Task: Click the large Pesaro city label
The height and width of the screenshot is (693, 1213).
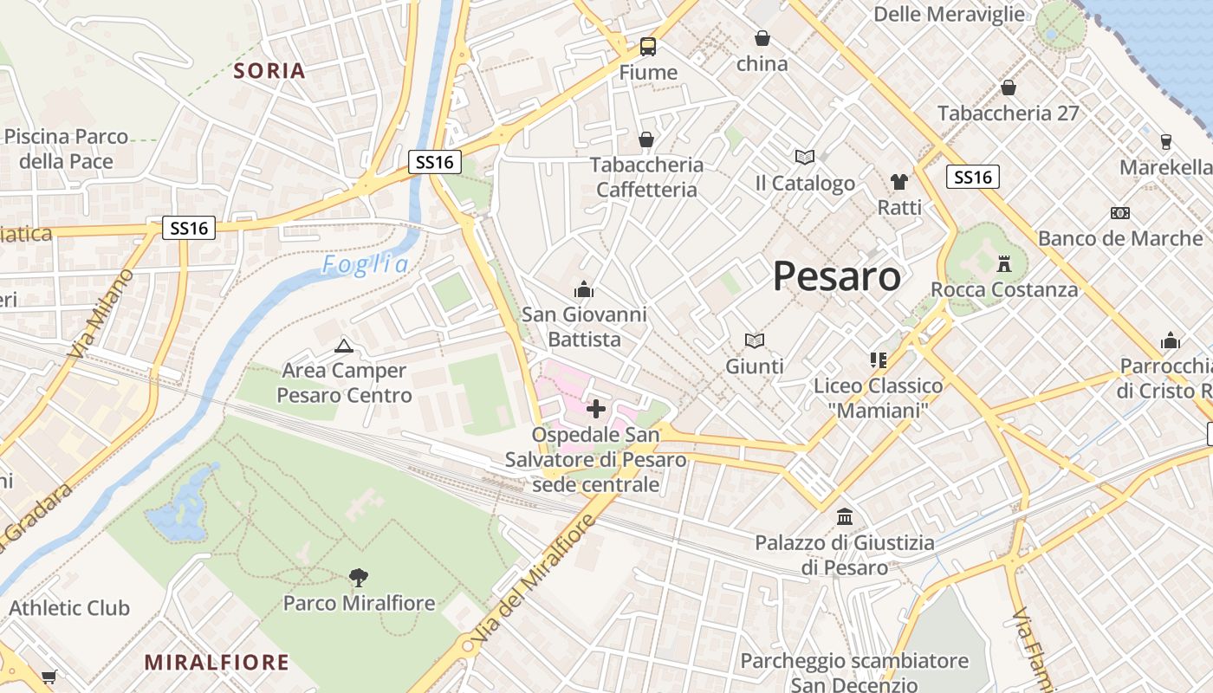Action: pyautogui.click(x=836, y=276)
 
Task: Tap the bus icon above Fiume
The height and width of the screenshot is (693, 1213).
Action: pyautogui.click(x=648, y=47)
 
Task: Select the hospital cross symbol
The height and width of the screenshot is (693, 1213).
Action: pyautogui.click(x=596, y=408)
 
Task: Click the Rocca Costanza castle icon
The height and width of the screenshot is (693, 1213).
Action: pyautogui.click(x=1004, y=263)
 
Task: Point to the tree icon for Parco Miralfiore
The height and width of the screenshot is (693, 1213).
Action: pyautogui.click(x=358, y=577)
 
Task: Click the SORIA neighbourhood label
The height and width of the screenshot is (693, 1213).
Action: pyautogui.click(x=270, y=71)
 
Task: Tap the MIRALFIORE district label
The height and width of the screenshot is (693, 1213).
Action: pyautogui.click(x=217, y=663)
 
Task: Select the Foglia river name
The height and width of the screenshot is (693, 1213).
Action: pyautogui.click(x=365, y=265)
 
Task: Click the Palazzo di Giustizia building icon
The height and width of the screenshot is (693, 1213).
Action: pyautogui.click(x=845, y=518)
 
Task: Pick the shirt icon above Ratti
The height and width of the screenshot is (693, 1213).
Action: pyautogui.click(x=899, y=182)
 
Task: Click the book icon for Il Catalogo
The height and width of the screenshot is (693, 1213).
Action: pyautogui.click(x=805, y=158)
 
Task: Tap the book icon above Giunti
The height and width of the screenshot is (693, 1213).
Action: pyautogui.click(x=755, y=341)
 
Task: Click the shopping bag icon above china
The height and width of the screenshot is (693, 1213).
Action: pyautogui.click(x=762, y=38)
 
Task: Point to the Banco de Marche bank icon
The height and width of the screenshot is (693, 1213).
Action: pyautogui.click(x=1119, y=213)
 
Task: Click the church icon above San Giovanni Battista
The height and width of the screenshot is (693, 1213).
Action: pyautogui.click(x=584, y=288)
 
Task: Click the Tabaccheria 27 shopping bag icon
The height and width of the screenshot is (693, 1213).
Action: pyautogui.click(x=1008, y=87)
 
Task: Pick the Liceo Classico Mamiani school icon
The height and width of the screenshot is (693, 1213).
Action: pyautogui.click(x=878, y=359)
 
